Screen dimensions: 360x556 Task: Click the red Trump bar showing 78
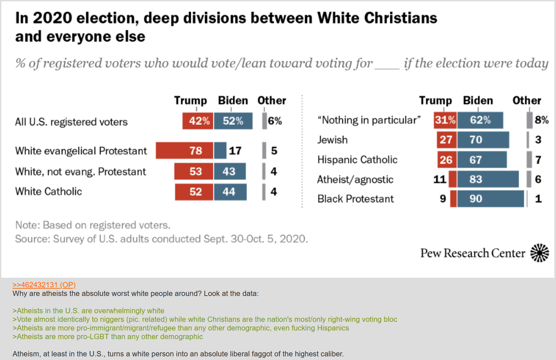(184, 151)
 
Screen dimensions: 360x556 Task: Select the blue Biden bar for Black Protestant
(490, 199)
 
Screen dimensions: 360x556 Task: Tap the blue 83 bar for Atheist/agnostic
(488, 180)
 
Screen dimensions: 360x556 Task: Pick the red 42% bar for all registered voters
(198, 121)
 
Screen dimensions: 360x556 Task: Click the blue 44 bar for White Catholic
(230, 192)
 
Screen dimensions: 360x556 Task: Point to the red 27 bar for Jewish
(447, 140)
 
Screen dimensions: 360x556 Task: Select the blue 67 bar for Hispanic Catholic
(482, 160)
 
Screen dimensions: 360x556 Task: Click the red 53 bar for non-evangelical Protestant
(194, 172)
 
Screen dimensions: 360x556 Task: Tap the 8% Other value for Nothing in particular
(541, 120)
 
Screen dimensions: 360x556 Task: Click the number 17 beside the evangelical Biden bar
(235, 151)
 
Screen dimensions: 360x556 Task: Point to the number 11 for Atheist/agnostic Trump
(440, 180)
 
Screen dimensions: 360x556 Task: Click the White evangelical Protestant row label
(81, 151)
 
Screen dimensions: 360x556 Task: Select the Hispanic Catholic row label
(357, 160)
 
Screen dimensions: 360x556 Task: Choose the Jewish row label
(332, 140)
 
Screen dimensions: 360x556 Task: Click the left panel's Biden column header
(233, 101)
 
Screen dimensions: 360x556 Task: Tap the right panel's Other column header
(526, 101)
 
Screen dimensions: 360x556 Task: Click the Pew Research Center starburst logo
(539, 253)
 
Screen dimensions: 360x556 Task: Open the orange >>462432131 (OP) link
(44, 285)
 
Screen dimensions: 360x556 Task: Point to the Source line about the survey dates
(162, 239)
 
